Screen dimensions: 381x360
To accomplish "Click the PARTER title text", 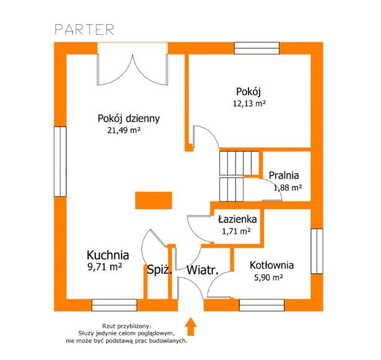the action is point(84,29).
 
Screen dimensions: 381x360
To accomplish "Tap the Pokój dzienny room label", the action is point(128,118).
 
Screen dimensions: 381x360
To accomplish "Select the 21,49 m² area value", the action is point(124,130).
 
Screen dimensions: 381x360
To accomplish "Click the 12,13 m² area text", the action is point(249,103).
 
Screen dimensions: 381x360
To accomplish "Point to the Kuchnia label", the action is point(108,255).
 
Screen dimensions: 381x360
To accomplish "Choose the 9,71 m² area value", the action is point(105,267).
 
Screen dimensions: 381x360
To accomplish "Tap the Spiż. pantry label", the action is point(159,270).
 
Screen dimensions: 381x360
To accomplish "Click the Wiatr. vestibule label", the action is point(202,270).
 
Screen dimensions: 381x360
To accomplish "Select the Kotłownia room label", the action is point(271,265).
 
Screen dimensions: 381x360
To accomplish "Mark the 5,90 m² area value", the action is point(268,277).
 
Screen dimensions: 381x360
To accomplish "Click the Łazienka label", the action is point(237,219).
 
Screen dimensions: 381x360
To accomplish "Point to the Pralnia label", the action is point(284,176).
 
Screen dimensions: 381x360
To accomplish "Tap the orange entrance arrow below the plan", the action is point(190,326).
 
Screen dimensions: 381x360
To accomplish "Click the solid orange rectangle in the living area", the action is point(154,201).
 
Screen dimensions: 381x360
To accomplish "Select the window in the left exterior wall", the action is point(60,161).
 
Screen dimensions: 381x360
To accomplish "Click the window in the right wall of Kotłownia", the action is point(317,251).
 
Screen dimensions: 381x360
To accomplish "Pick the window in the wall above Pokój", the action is point(256,48).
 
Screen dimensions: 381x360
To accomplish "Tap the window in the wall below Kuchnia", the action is point(114,305).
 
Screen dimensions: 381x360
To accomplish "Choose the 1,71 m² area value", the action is point(236,231).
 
